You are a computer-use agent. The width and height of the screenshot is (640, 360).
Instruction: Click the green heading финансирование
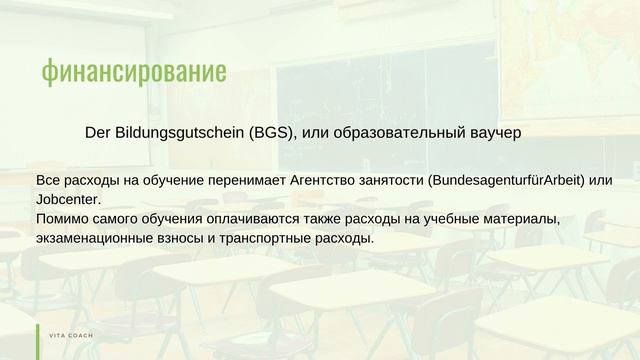coord(134,71)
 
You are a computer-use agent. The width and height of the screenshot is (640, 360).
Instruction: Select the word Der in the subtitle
coord(97,131)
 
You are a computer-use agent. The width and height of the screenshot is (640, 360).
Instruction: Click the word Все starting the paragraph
coord(47,181)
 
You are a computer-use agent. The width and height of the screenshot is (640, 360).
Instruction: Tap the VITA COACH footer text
coord(71,335)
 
